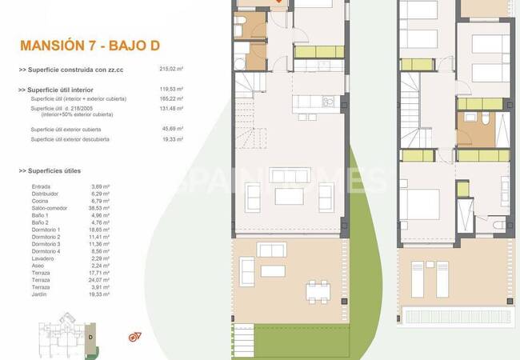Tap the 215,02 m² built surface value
point(172,70)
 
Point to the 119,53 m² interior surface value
point(172,90)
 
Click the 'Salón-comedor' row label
point(48,208)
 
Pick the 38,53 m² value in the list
point(101,208)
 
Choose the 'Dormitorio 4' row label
point(46,251)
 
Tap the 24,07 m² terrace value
point(101,280)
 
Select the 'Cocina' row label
point(39,201)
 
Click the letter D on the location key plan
point(91,337)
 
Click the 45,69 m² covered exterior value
point(172,129)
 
